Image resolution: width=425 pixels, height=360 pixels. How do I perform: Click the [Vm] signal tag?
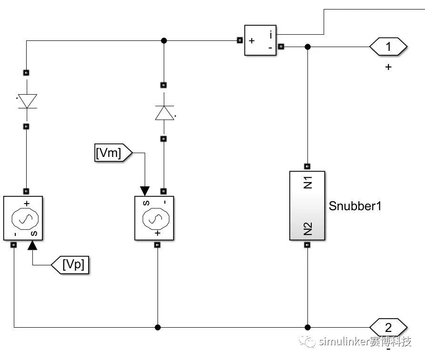(113, 153)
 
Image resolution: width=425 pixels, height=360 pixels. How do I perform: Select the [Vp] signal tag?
(70, 264)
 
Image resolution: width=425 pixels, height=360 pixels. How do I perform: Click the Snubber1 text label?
(355, 206)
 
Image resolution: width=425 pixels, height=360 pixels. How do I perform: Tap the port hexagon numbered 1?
(388, 47)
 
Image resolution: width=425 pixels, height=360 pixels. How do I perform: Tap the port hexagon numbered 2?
(388, 328)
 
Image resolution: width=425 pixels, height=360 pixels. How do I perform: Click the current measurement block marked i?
(260, 40)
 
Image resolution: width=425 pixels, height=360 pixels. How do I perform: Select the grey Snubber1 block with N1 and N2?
(307, 205)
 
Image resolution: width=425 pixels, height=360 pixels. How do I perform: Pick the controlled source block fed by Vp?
(23, 218)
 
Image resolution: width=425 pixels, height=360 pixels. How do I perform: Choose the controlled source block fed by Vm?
(154, 218)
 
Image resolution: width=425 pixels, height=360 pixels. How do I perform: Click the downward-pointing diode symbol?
(27, 101)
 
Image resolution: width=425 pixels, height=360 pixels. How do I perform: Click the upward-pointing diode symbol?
(165, 113)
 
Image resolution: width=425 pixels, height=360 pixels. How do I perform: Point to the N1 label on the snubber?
(308, 182)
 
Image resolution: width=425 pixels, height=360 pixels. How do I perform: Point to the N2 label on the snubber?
(308, 229)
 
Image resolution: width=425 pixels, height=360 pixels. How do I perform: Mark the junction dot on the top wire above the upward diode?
(164, 40)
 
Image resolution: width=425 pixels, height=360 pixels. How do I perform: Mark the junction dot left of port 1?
(307, 47)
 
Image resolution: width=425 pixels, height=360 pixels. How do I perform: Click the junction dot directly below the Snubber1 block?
(307, 328)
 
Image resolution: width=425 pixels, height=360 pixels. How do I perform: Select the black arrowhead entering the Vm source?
(145, 191)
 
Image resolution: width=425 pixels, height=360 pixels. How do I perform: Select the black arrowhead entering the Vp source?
(32, 245)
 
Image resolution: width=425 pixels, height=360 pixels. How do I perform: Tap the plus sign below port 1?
(388, 67)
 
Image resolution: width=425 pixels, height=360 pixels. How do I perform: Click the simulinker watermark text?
(355, 341)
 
